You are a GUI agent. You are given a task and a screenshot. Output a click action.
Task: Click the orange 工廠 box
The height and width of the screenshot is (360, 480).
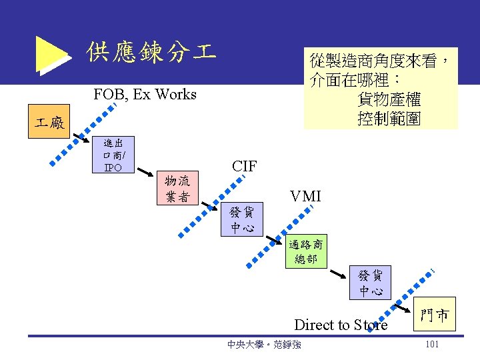click(x=50, y=123)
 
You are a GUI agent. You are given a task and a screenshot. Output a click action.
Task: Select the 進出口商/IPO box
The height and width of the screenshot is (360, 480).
click(x=113, y=155)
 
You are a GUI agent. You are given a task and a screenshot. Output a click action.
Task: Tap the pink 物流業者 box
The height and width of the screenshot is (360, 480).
click(x=177, y=189)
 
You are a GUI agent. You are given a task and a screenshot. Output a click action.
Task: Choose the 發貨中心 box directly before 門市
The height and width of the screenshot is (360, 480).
click(x=371, y=283)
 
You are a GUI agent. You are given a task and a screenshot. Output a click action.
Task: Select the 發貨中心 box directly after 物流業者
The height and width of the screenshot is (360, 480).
click(x=241, y=220)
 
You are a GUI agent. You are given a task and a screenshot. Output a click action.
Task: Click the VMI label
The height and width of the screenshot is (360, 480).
click(x=305, y=196)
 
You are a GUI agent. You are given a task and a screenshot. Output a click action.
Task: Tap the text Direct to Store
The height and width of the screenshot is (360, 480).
click(x=341, y=325)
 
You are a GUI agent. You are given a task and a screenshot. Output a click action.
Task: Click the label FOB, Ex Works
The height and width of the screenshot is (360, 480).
click(x=145, y=94)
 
